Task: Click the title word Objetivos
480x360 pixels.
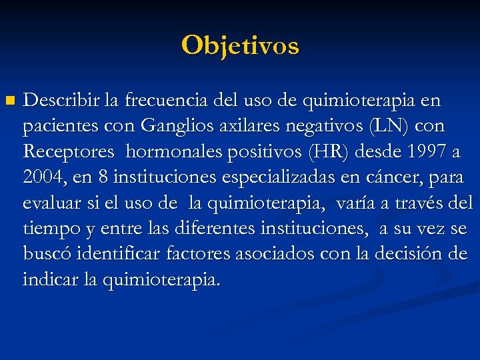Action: coord(240,45)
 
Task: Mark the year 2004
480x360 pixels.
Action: coord(42,177)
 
